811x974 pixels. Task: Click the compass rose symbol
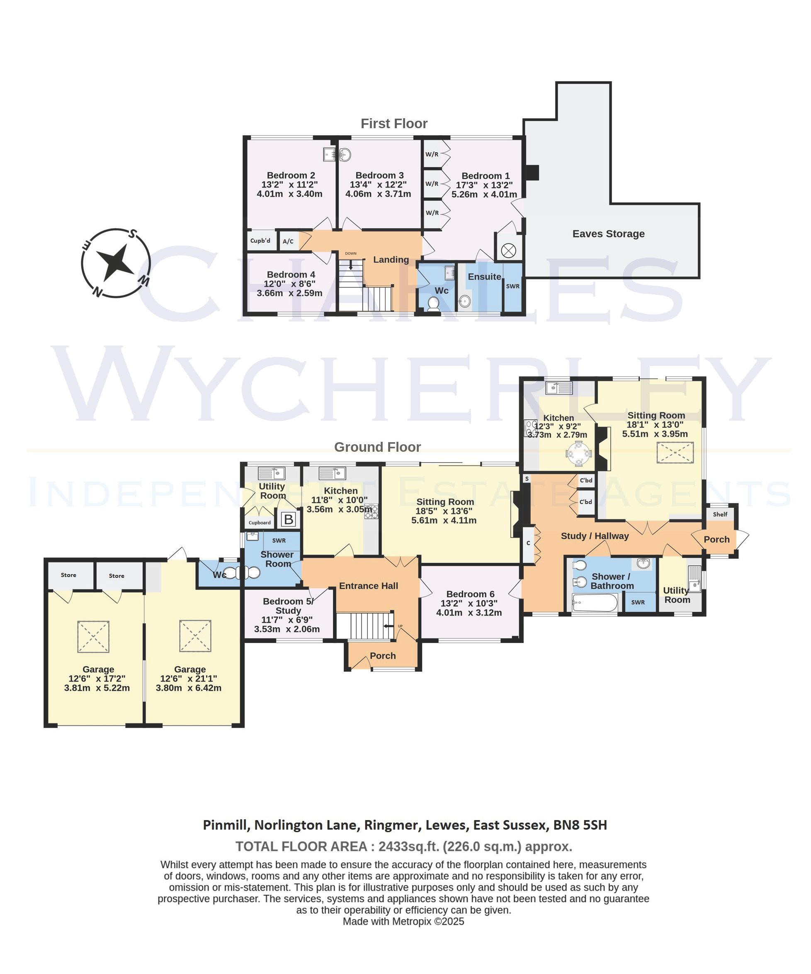[116, 263]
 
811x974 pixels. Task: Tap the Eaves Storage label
[608, 234]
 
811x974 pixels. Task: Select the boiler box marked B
[289, 519]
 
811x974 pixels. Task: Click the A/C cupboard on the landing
[288, 241]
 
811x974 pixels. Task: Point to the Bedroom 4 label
[291, 275]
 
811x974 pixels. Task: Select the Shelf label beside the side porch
[720, 514]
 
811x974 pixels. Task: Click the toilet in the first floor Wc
[434, 304]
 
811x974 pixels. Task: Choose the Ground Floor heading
[377, 447]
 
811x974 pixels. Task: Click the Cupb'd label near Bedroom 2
[260, 241]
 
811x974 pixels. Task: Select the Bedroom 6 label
[470, 594]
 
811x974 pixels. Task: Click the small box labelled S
[526, 478]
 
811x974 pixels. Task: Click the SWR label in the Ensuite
[512, 286]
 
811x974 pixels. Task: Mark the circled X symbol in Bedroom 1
[508, 251]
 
